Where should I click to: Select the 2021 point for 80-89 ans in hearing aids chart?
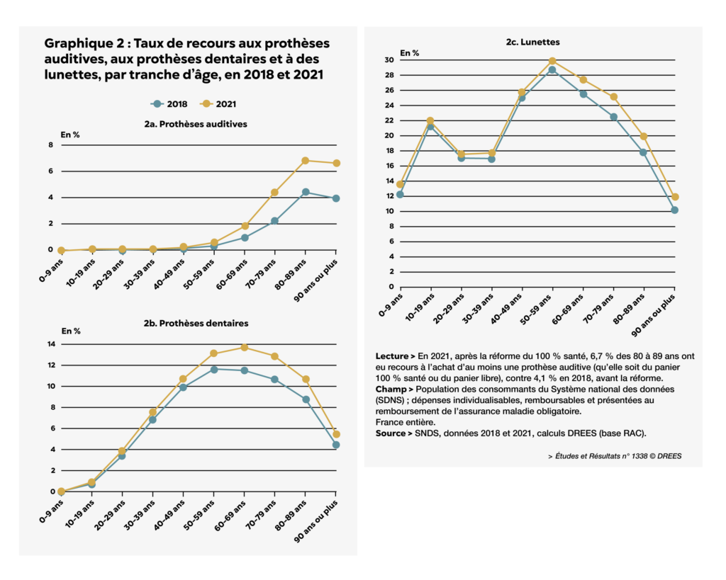pos(306,161)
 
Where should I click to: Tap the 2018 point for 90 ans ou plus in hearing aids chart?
pos(336,198)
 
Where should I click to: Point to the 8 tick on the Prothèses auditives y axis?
pos(50,145)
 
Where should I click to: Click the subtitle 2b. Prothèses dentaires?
pos(196,323)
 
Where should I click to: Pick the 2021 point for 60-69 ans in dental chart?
pos(245,347)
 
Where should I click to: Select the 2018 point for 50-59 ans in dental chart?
pos(214,369)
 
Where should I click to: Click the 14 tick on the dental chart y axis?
pos(51,345)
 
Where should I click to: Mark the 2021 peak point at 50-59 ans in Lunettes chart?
pos(552,62)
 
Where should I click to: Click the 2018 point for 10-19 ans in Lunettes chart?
pos(430,127)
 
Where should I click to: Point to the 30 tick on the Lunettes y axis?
pos(389,60)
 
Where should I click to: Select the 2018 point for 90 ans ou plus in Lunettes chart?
pos(675,210)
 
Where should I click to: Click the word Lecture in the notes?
pos(392,356)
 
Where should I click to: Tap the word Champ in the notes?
pos(391,389)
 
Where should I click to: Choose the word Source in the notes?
pos(392,433)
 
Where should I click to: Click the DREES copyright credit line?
pos(615,456)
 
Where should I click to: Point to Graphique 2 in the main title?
pos(78,44)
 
